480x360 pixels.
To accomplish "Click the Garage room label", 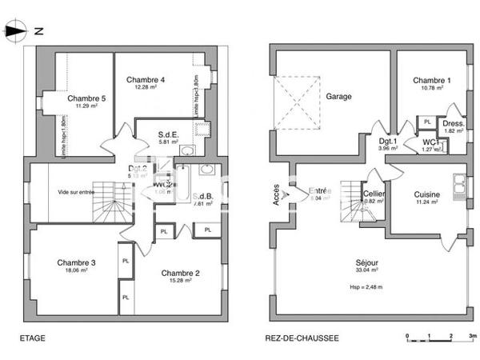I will [x=339, y=96].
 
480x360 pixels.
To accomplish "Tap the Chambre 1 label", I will [x=432, y=81].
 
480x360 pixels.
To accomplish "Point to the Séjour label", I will [x=367, y=262].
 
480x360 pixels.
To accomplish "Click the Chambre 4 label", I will [x=146, y=80].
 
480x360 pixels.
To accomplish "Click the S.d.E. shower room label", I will [x=167, y=134].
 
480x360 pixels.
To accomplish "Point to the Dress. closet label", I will [x=454, y=124].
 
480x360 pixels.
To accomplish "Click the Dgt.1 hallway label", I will [x=390, y=141].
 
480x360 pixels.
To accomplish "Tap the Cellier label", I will [x=374, y=194].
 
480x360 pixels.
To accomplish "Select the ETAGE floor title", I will [x=33, y=338].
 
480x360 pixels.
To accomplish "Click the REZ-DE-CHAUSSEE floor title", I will [x=302, y=338].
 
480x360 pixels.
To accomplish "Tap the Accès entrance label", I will [x=276, y=193].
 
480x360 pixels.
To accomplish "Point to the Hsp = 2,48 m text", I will [x=366, y=287].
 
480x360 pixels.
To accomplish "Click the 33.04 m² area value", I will [x=367, y=271].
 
